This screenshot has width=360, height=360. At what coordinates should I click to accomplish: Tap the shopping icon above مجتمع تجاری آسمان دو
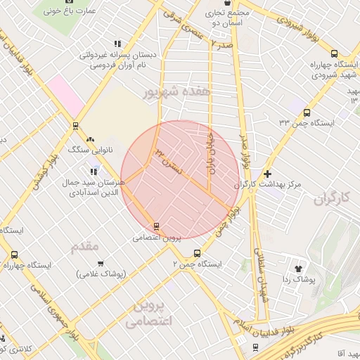227,3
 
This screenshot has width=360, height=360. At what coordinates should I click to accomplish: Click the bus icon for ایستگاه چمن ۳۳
307,112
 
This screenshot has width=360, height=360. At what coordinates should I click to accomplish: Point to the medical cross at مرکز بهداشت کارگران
266,174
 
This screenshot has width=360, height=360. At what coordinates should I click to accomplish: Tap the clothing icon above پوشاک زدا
297,268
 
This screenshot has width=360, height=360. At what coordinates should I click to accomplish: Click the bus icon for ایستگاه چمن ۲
197,253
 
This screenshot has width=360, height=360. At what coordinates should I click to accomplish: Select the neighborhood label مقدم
85,246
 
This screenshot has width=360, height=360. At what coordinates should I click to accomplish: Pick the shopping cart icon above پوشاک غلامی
101,264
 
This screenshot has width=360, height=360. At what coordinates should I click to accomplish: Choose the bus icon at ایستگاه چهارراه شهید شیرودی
333,54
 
